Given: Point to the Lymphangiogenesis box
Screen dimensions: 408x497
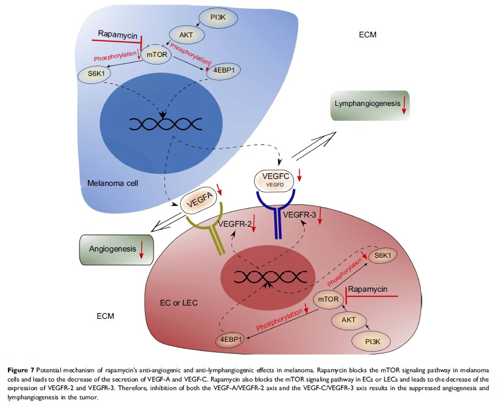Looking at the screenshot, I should pos(369,105).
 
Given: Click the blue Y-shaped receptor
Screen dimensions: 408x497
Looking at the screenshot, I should pos(278,216).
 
